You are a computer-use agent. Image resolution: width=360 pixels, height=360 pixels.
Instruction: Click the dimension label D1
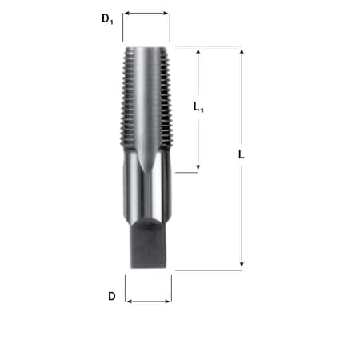pos(107,18)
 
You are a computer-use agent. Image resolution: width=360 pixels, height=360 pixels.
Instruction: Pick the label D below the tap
pos(112,296)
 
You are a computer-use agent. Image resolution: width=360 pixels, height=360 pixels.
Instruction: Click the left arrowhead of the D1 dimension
pos(127,14)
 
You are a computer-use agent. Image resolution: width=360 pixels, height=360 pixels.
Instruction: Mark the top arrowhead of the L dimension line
pos(242,50)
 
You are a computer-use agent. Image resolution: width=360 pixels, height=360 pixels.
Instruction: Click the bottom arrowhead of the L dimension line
pos(242,266)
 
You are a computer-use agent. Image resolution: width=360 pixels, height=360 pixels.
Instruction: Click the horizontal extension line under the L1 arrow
pos(187,171)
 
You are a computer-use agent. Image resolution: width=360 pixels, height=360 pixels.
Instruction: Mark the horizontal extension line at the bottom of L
pos(208,270)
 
